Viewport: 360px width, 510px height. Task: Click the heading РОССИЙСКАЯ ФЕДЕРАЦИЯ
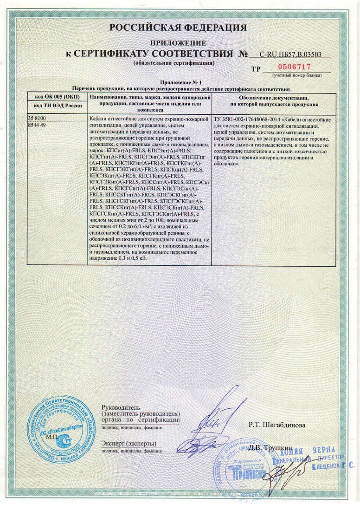[178, 28]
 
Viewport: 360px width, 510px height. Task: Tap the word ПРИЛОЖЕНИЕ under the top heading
[178, 43]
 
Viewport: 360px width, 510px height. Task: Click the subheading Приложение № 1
[180, 83]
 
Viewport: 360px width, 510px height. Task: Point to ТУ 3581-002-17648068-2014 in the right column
[247, 119]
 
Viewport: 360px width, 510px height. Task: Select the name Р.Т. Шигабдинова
[277, 425]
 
